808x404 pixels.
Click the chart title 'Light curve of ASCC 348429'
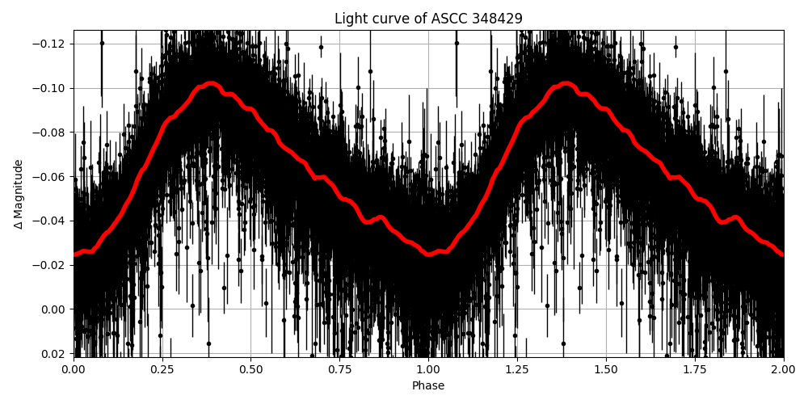coord(428,19)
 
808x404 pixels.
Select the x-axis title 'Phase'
coord(428,386)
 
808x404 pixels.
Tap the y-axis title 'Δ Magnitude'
coord(19,194)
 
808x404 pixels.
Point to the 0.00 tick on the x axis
coord(73,369)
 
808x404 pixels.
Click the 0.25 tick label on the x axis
coord(162,369)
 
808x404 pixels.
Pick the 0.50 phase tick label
coord(250,369)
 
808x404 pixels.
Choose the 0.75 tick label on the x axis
coord(339,369)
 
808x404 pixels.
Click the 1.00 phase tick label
coord(428,369)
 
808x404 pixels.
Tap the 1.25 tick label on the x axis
coord(517,369)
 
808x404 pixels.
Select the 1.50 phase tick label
coord(606,369)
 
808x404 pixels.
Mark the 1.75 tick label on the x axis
coord(695,369)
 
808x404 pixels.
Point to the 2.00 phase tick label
coord(784,369)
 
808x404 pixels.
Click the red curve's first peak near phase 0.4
coord(210,83)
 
